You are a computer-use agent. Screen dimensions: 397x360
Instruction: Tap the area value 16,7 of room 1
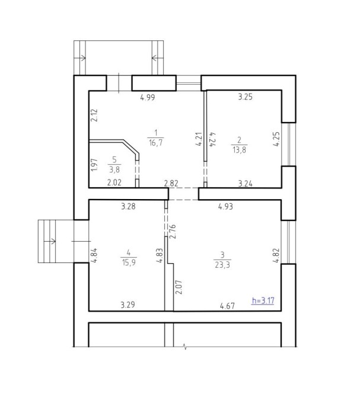155,143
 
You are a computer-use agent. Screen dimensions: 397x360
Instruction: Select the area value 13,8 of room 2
239,149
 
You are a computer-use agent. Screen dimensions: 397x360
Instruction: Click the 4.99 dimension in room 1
147,98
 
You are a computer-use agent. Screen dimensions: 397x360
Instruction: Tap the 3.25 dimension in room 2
245,98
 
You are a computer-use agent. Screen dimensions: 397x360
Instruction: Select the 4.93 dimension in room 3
225,206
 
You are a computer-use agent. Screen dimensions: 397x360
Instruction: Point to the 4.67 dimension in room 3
227,306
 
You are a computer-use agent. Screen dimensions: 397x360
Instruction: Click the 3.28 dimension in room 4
128,206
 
